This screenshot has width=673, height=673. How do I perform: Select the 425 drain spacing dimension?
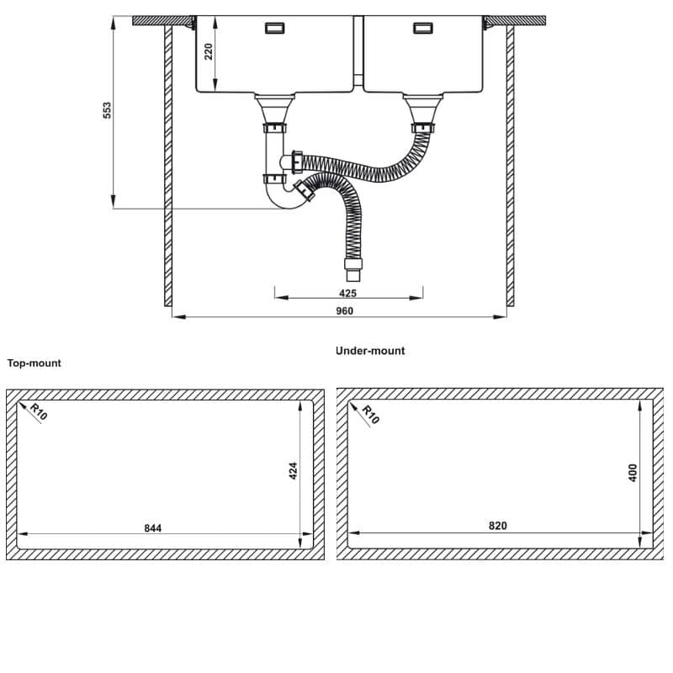point(348,293)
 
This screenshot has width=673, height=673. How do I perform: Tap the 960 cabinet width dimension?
point(343,310)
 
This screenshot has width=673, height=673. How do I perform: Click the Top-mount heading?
point(34,363)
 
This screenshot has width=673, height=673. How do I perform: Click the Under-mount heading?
point(369,351)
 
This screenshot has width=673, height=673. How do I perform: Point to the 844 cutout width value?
point(152,528)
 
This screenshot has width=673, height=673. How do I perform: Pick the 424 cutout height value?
point(293,470)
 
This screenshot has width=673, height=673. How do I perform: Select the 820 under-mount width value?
point(497,526)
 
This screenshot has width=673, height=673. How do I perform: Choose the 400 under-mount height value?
point(633,472)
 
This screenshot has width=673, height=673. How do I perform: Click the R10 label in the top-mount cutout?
point(38,412)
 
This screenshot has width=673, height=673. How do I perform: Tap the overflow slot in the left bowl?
point(274,29)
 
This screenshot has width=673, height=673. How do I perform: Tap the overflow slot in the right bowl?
point(424,29)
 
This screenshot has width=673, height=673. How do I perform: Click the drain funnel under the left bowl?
point(274,108)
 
